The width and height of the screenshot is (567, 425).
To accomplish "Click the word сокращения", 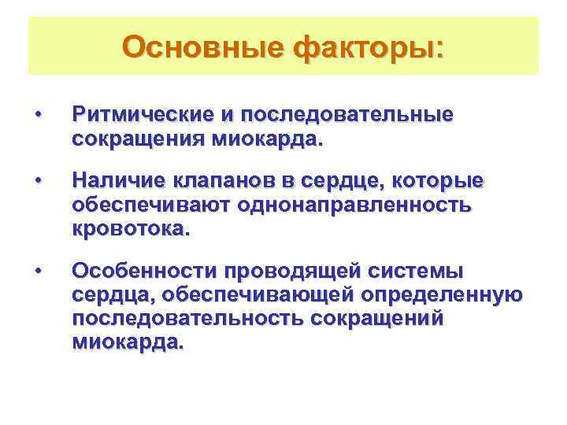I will coord(127,141).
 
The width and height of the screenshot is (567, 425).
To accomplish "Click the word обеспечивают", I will coord(150,206).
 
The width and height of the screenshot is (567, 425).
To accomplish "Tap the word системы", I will coord(417,272).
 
